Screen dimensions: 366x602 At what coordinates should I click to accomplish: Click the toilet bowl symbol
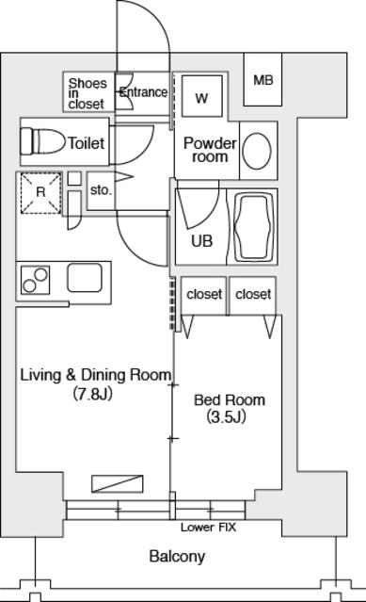click(x=42, y=141)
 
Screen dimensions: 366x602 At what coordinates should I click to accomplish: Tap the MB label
click(x=263, y=80)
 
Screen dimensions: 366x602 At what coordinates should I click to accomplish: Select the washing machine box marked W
click(x=202, y=96)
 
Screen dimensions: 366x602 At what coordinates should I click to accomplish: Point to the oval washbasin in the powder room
click(x=257, y=152)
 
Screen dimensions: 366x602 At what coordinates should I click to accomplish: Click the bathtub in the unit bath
click(x=252, y=226)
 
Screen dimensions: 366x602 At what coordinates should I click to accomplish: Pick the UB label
click(x=202, y=241)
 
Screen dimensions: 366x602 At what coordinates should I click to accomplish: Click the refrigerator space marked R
click(x=40, y=193)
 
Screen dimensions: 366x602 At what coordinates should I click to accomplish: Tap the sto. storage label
click(x=102, y=189)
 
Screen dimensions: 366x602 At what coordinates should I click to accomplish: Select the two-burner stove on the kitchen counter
click(x=35, y=280)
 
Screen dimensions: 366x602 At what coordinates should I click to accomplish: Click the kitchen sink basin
click(x=85, y=278)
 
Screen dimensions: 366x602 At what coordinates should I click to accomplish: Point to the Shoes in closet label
click(x=87, y=93)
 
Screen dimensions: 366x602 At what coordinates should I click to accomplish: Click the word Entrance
click(x=143, y=92)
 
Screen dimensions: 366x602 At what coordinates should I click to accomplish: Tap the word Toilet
click(x=87, y=143)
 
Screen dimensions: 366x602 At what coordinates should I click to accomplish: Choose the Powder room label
click(x=210, y=150)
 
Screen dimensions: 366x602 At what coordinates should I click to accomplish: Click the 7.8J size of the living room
click(x=93, y=394)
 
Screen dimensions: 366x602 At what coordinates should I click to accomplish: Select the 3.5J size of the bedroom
click(x=226, y=417)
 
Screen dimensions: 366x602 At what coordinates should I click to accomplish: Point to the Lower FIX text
click(x=209, y=528)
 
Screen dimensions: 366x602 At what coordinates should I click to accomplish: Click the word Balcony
click(x=177, y=557)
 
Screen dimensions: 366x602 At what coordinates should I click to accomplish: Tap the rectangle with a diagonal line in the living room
click(x=118, y=483)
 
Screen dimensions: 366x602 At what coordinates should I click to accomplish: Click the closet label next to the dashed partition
click(x=204, y=295)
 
